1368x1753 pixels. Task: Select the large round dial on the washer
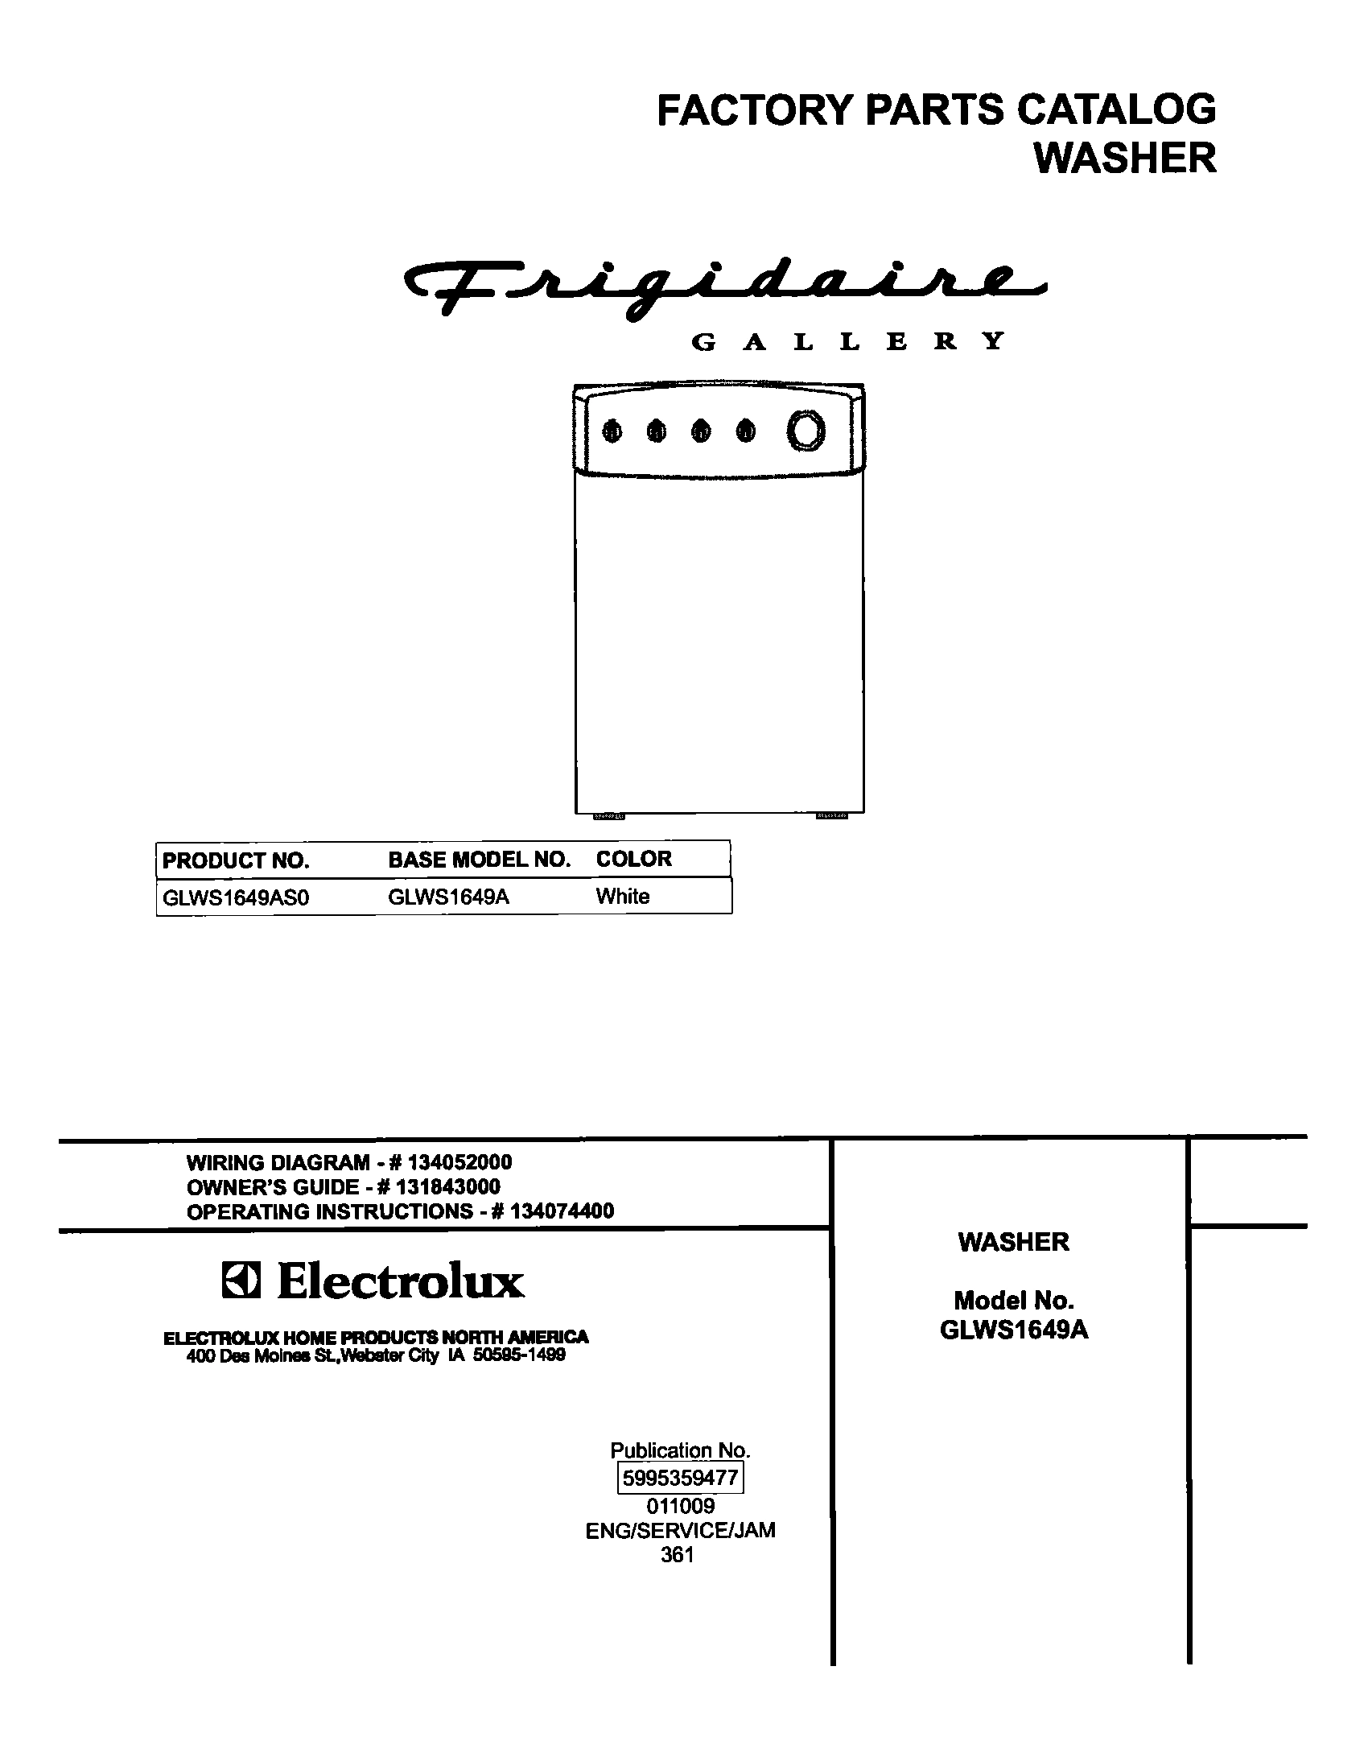[806, 431]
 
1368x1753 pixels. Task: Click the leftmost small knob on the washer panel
[612, 432]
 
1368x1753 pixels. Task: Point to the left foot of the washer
[609, 816]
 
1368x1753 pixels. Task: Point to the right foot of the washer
[832, 816]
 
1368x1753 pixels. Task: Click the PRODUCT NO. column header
[236, 860]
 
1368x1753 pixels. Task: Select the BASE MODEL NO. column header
[480, 860]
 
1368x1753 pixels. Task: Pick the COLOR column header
[633, 859]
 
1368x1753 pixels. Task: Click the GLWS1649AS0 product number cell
[236, 897]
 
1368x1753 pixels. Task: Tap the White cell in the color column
[623, 897]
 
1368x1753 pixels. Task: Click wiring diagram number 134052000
[459, 1162]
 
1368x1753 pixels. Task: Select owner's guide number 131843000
[448, 1186]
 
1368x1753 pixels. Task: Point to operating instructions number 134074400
[562, 1211]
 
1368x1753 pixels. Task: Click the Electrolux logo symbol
[241, 1282]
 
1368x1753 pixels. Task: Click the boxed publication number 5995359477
[680, 1478]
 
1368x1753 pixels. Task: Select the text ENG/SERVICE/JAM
[680, 1530]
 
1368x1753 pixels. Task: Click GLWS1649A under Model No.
[1014, 1330]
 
